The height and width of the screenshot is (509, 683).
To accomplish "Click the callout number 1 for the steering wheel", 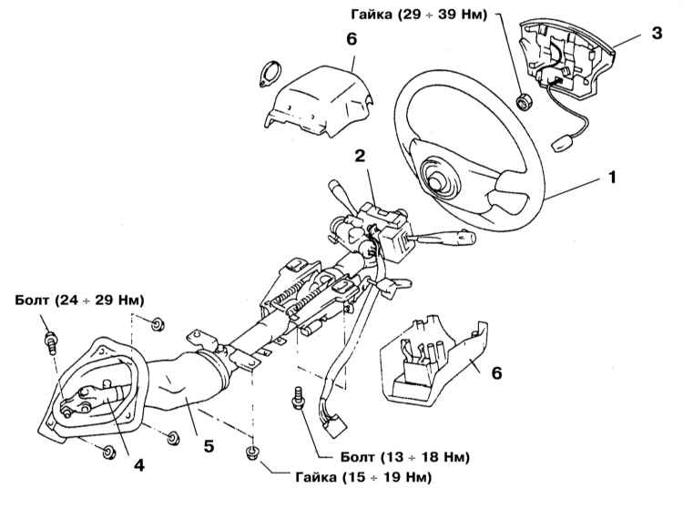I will [613, 179].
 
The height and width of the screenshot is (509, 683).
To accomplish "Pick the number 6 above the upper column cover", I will [352, 40].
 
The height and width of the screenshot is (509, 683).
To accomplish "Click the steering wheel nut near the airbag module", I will [524, 100].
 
